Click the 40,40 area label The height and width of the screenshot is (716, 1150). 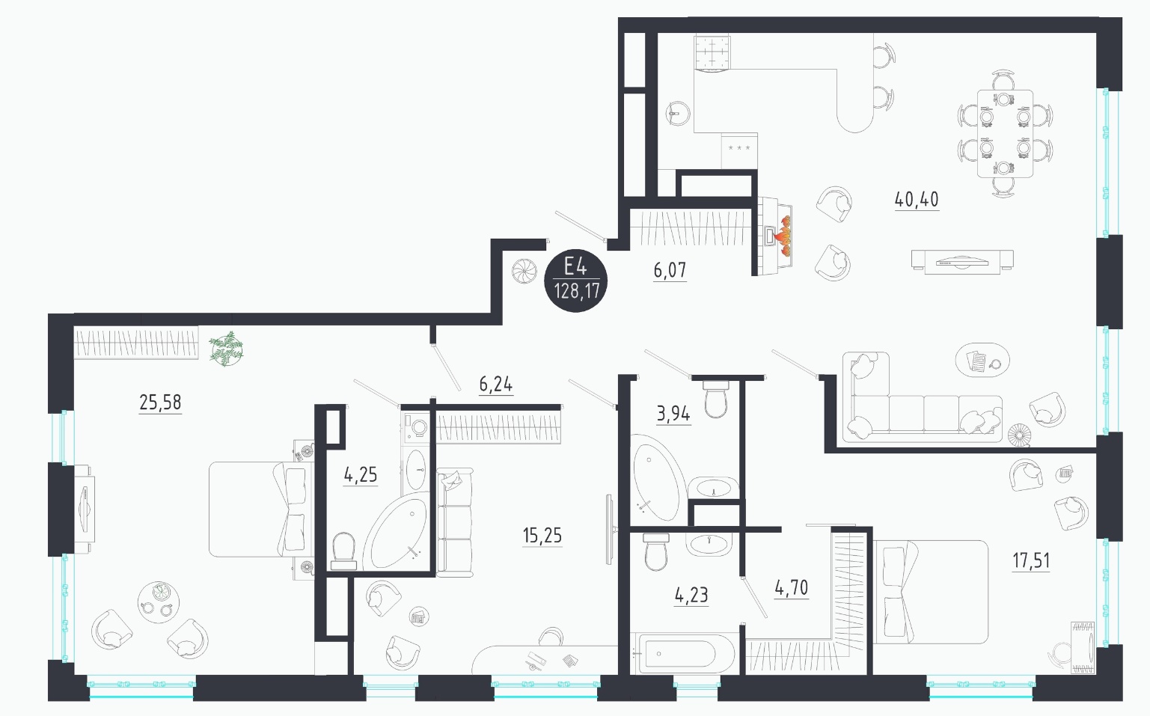point(917,199)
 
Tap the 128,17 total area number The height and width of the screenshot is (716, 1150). point(577,292)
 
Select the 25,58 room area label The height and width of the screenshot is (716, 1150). point(160,403)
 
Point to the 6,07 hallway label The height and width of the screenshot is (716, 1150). point(670,270)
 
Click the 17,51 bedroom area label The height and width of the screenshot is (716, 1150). point(1031,560)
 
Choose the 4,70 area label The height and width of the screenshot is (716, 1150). point(791,588)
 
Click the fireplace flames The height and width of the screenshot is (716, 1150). point(783,236)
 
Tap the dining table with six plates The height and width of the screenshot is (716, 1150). point(1005,133)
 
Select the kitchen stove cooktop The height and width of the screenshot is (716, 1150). point(712,52)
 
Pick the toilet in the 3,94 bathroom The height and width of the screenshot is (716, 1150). point(716,399)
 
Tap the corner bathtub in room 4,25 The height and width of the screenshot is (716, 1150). point(394,533)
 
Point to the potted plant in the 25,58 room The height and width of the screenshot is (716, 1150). point(227,349)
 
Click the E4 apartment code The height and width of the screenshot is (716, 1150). point(575,267)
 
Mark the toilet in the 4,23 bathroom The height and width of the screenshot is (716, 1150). point(655,552)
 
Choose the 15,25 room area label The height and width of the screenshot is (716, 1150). point(542,536)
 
